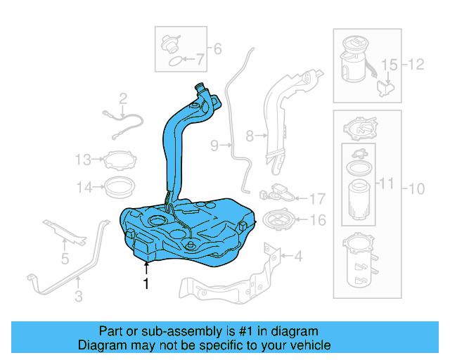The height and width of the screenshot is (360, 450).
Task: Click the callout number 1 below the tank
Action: (x=146, y=284)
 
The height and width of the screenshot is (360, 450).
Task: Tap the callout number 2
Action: (x=122, y=98)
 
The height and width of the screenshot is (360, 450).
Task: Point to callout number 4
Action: (x=297, y=256)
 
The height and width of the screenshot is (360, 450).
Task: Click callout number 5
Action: (x=65, y=259)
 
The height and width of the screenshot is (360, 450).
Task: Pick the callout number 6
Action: (x=217, y=49)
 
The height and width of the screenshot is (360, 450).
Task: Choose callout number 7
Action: (x=200, y=61)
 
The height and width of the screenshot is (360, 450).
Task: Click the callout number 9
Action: (x=215, y=146)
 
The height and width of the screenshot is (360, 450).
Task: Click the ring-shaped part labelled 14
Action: (x=120, y=187)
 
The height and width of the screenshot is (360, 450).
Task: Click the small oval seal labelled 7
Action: (x=173, y=61)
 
